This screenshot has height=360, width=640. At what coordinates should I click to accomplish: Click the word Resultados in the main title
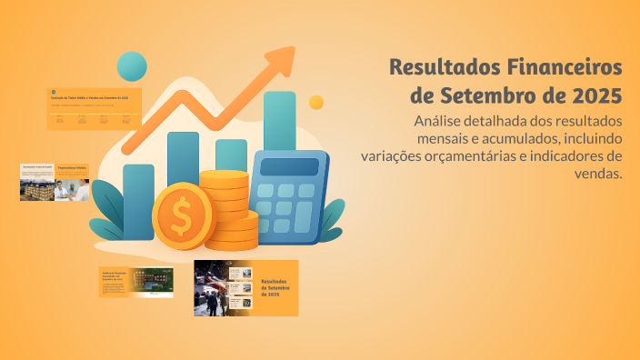pyautogui.click(x=440, y=67)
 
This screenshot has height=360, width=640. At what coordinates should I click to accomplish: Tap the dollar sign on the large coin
pyautogui.click(x=182, y=216)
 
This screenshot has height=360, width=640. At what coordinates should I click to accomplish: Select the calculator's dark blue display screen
pyautogui.click(x=290, y=167)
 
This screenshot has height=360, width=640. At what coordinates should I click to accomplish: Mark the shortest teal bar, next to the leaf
pyautogui.click(x=138, y=201)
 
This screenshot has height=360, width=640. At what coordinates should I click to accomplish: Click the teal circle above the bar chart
pyautogui.click(x=133, y=66)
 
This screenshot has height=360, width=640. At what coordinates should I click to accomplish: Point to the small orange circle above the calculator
pyautogui.click(x=316, y=103)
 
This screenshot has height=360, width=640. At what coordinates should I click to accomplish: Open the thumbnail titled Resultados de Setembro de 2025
pyautogui.click(x=245, y=288)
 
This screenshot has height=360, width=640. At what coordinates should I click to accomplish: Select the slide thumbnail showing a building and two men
pyautogui.click(x=55, y=182)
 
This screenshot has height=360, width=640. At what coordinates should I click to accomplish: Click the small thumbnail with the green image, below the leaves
pyautogui.click(x=135, y=282)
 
